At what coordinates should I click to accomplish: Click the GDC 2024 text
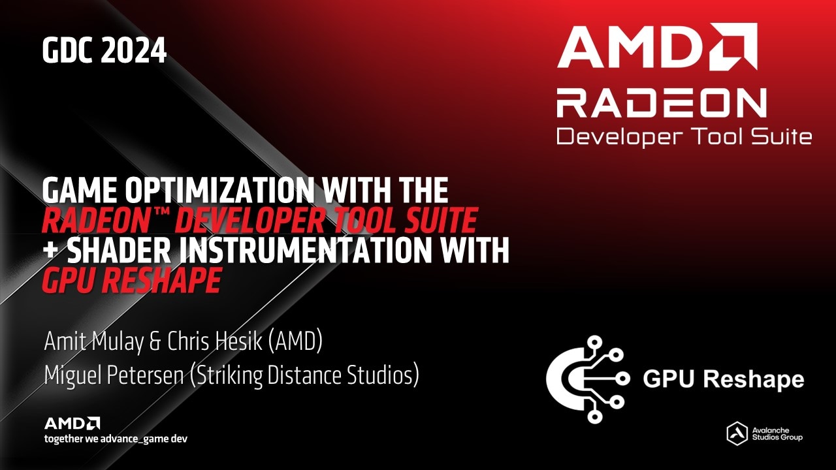(x=104, y=51)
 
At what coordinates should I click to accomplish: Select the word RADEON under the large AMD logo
(x=661, y=103)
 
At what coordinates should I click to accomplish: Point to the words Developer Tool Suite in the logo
(x=683, y=136)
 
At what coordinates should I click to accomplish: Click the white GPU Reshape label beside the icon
(x=724, y=379)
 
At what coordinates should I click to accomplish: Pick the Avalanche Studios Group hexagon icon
(x=737, y=433)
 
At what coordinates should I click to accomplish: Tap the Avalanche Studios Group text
(x=777, y=433)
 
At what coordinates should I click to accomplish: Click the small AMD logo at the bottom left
(x=72, y=423)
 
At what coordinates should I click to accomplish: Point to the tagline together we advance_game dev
(x=116, y=439)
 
